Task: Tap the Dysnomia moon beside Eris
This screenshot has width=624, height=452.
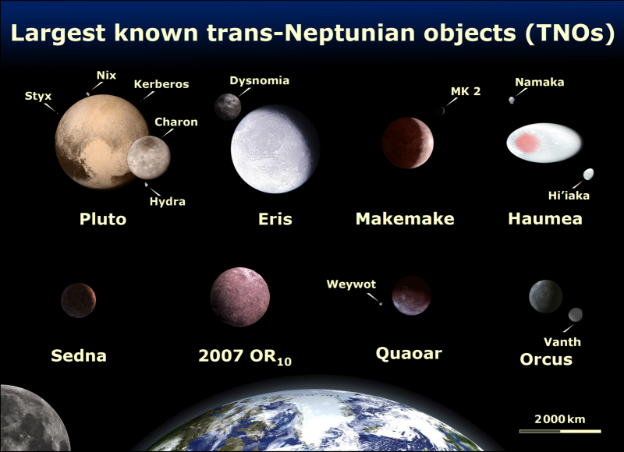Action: pos(228,107)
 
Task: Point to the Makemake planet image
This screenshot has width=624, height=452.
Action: pos(406,142)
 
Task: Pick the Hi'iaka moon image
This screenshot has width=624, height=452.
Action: pos(589,174)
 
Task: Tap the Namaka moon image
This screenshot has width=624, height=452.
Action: pos(512,100)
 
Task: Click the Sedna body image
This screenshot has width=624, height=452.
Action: pos(78,300)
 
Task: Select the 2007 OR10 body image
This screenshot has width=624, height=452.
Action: pos(240,297)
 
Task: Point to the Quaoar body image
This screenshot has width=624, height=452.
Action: pos(411,295)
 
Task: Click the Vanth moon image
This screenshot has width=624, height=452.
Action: pos(576,314)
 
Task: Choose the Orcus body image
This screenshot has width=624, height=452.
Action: pos(544,295)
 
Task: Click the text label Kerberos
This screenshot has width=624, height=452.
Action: pos(161,84)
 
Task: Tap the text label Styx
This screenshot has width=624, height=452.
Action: pos(38,97)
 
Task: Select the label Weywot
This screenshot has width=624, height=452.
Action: pos(350,284)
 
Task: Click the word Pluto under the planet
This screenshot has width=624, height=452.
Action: pos(102,219)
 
